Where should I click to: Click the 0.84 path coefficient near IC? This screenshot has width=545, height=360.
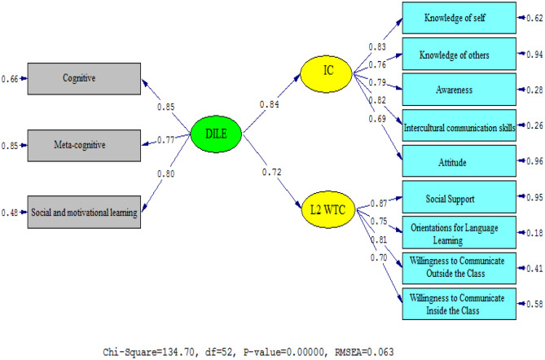[x=270, y=104]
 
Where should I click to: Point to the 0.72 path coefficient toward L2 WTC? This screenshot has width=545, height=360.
[x=272, y=173]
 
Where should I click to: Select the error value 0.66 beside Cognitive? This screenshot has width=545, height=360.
[x=10, y=78]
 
